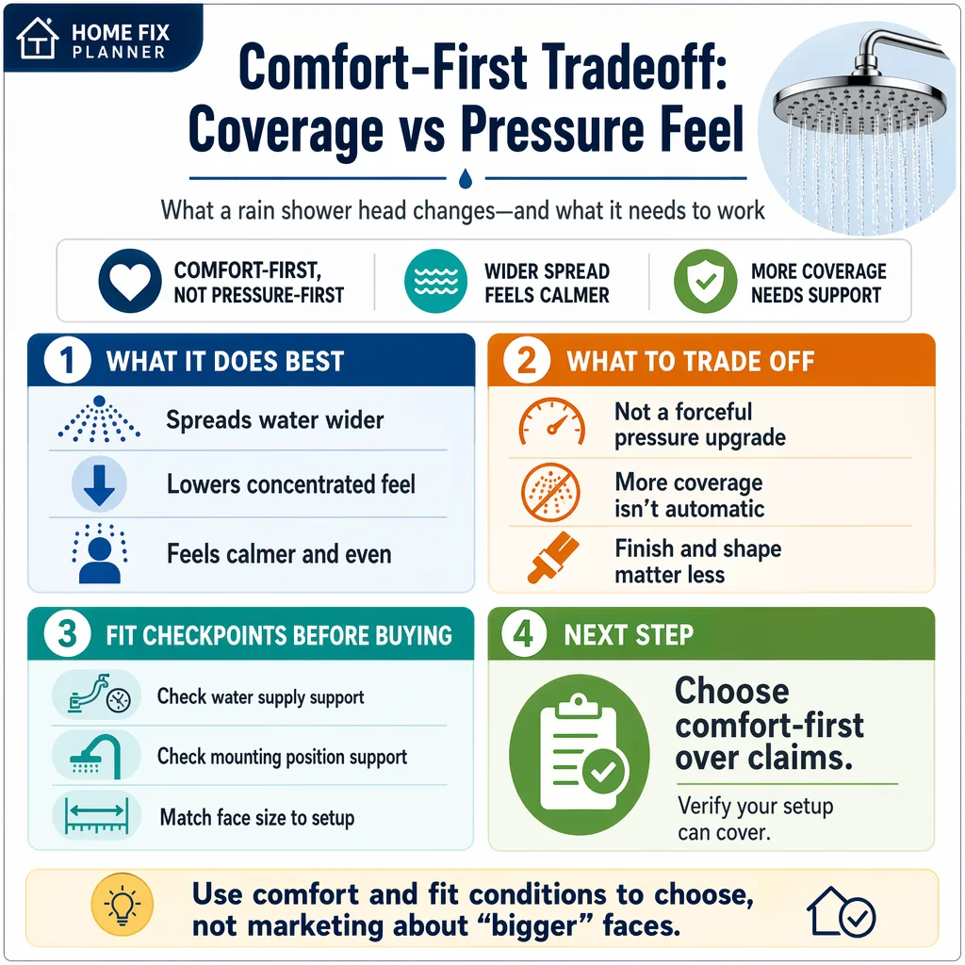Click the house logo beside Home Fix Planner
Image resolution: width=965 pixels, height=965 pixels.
click(38, 38)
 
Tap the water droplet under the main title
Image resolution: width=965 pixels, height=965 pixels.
click(466, 178)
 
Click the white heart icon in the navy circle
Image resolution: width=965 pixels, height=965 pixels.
click(130, 281)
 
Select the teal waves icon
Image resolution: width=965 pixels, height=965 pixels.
click(435, 281)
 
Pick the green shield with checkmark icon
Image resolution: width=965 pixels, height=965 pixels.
click(705, 281)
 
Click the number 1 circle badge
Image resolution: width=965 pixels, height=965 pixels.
click(68, 360)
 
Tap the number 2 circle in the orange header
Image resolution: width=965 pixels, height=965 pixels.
click(526, 360)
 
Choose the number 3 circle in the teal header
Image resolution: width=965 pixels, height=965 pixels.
click(68, 634)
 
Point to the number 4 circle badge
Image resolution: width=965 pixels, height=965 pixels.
click(524, 634)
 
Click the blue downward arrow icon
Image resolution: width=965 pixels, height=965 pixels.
click(99, 484)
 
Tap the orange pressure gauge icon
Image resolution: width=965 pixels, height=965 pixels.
click(551, 421)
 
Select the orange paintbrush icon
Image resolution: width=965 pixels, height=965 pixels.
click(552, 558)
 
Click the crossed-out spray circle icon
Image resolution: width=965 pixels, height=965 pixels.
click(550, 492)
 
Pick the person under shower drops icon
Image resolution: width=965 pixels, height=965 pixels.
click(99, 553)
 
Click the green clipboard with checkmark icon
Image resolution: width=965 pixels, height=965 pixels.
click(580, 755)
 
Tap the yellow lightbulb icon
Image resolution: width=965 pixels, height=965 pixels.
click(122, 904)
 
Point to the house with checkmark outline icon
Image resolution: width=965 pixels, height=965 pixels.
click(841, 912)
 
